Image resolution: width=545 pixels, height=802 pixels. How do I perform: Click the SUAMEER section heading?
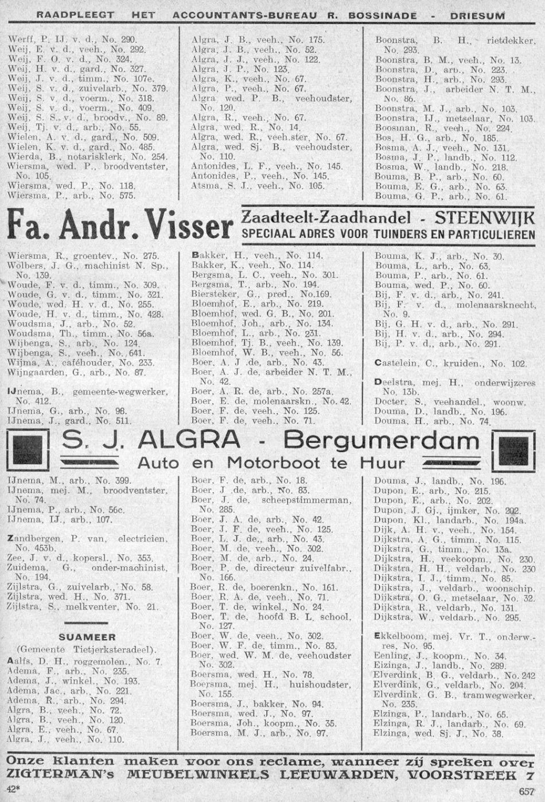pyautogui.click(x=87, y=637)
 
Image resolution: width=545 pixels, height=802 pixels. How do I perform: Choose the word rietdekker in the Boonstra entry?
pyautogui.click(x=510, y=41)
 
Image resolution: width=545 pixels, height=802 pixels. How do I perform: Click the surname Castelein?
pyautogui.click(x=394, y=363)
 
